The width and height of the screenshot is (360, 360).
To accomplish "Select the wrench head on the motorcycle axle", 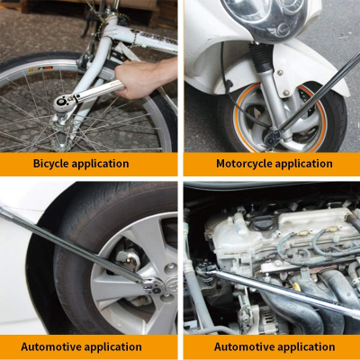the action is (x=273, y=138).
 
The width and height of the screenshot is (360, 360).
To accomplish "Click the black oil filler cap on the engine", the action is (x=263, y=223).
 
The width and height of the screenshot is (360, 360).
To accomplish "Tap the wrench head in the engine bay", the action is (x=206, y=267).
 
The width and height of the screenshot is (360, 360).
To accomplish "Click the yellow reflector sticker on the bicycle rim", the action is (x=40, y=69).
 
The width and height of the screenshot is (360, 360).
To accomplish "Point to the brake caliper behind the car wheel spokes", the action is (x=129, y=258).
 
